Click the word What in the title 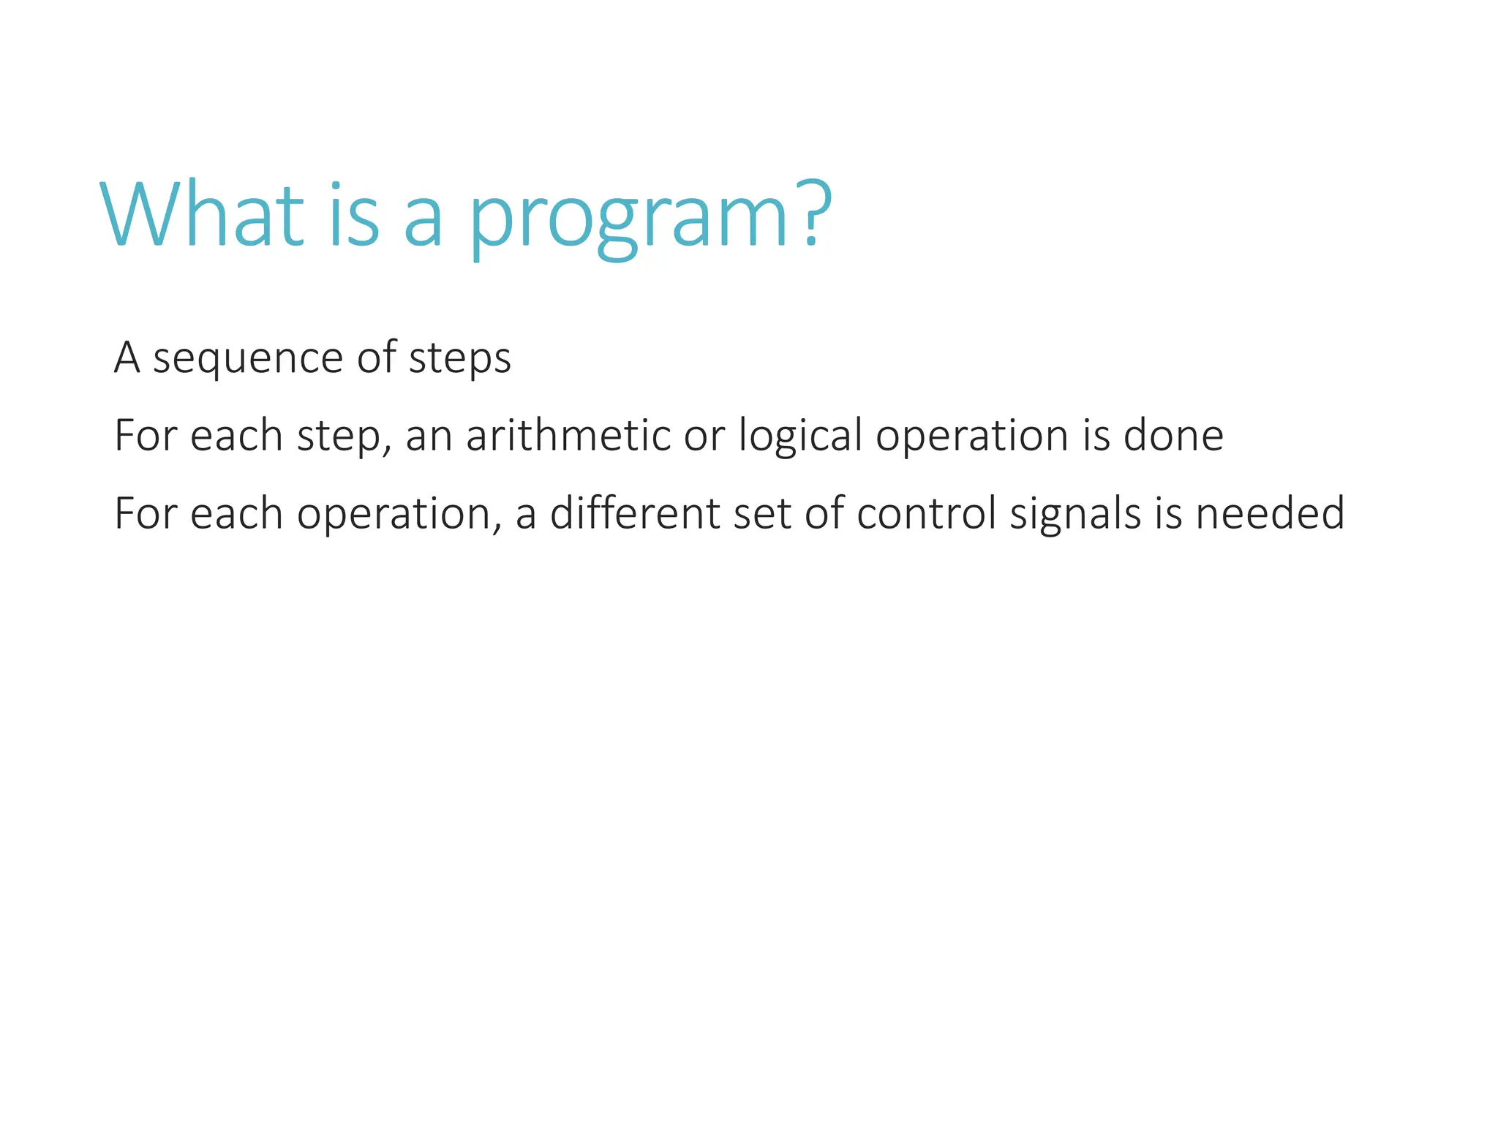pyautogui.click(x=202, y=216)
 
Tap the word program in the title pyautogui.click(x=628, y=219)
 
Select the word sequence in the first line pyautogui.click(x=248, y=360)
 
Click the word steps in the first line pyautogui.click(x=459, y=360)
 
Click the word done pyautogui.click(x=1173, y=436)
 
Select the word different pyautogui.click(x=634, y=513)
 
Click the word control pyautogui.click(x=927, y=513)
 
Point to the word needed pyautogui.click(x=1270, y=513)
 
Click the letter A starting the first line pyautogui.click(x=127, y=358)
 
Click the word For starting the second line pyautogui.click(x=146, y=436)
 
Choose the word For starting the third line pyautogui.click(x=146, y=513)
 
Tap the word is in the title pyautogui.click(x=354, y=216)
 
